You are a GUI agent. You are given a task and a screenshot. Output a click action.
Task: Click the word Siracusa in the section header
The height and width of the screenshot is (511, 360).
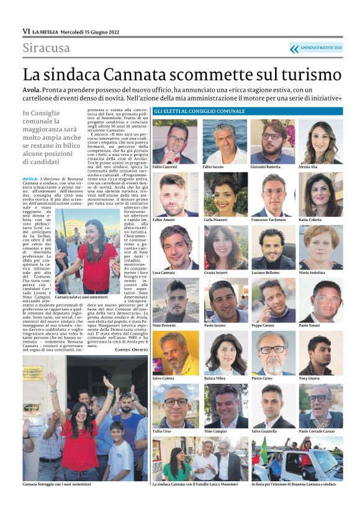pos(47,48)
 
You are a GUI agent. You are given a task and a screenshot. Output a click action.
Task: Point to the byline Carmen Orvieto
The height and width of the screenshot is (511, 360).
pos(132,350)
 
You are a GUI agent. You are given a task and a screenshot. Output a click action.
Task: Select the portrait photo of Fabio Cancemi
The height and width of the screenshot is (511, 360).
pos(174,142)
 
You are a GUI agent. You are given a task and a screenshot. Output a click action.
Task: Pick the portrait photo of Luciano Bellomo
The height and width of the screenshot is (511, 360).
pos(272,248)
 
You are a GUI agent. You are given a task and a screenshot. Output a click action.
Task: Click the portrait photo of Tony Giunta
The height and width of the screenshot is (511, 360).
pos(320,353)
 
